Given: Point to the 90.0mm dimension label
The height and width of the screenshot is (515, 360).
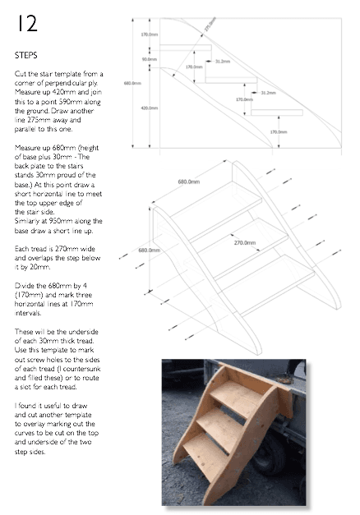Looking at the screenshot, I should click(x=149, y=59).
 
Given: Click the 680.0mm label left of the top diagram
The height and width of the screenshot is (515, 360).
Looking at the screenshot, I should click(x=130, y=83).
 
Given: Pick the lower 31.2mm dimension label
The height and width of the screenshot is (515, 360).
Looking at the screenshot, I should click(x=268, y=93).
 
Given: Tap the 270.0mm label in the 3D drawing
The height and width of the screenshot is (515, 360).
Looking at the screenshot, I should click(x=243, y=243).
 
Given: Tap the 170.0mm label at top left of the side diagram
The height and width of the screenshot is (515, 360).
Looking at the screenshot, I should click(x=149, y=34).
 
